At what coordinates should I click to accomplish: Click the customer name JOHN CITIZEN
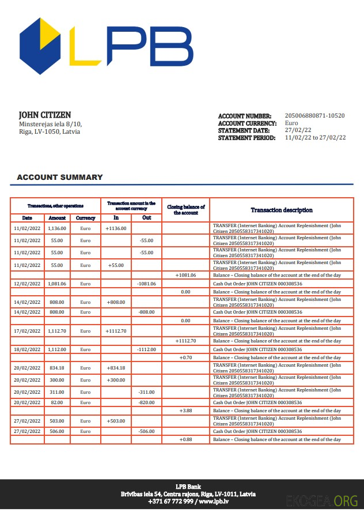(x=45, y=115)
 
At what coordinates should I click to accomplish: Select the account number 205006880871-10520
(x=314, y=116)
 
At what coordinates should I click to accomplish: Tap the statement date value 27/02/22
(x=298, y=130)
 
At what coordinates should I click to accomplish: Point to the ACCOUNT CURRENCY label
(x=247, y=123)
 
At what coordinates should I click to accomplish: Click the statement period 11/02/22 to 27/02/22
(x=315, y=138)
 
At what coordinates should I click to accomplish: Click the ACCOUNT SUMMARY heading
(x=60, y=177)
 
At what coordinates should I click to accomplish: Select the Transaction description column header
(x=282, y=210)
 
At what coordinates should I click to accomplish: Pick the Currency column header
(x=85, y=218)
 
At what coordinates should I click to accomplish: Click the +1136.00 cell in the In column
(x=116, y=228)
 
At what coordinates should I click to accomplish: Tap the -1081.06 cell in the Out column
(x=146, y=284)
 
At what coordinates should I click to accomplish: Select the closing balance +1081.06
(x=185, y=275)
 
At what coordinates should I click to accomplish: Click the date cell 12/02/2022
(x=27, y=284)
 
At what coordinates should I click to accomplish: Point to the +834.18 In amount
(x=116, y=368)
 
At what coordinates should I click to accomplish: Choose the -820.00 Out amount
(x=146, y=402)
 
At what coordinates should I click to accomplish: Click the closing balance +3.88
(x=185, y=410)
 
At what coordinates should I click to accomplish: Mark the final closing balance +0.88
(x=185, y=439)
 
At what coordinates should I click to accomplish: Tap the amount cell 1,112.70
(x=57, y=331)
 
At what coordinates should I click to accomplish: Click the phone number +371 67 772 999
(x=170, y=502)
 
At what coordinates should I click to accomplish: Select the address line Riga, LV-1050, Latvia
(x=50, y=131)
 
